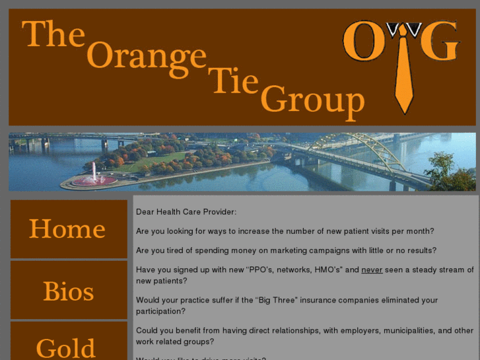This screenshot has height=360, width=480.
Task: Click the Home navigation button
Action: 68,229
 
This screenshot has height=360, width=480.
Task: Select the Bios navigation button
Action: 68,291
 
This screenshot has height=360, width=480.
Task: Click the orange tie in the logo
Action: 403,73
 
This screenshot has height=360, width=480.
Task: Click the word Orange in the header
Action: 146,55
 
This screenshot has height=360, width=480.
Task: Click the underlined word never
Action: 372,270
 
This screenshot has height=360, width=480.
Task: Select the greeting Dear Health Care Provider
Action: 186,212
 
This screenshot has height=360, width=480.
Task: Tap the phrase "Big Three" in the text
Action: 275,300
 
